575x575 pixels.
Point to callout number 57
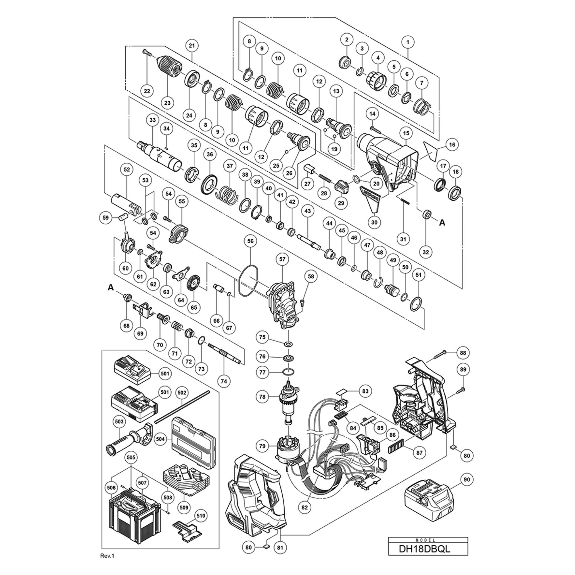(x=282, y=259)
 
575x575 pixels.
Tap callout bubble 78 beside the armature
(x=262, y=397)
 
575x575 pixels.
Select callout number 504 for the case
(x=161, y=439)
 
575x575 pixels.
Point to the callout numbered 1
(x=408, y=42)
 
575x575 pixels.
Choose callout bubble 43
(x=307, y=211)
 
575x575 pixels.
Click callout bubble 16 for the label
(x=452, y=145)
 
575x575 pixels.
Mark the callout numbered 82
(x=304, y=507)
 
